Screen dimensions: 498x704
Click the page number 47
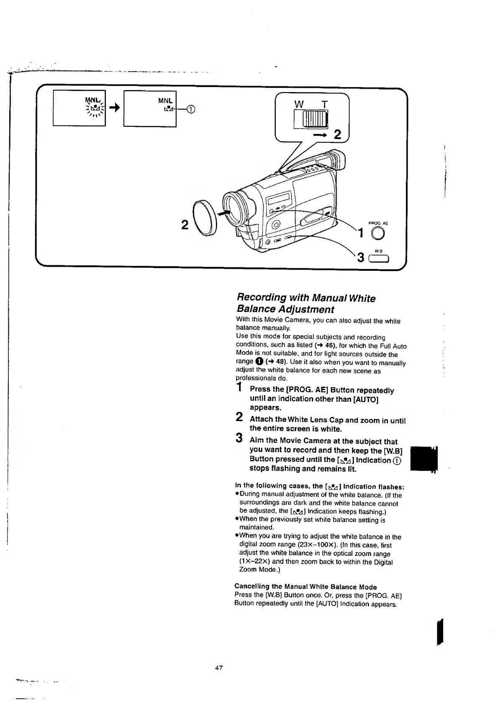[218, 668]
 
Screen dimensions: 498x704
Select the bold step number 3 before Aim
[239, 438]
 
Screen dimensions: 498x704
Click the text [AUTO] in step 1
[366, 399]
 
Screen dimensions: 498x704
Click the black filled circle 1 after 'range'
[259, 361]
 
